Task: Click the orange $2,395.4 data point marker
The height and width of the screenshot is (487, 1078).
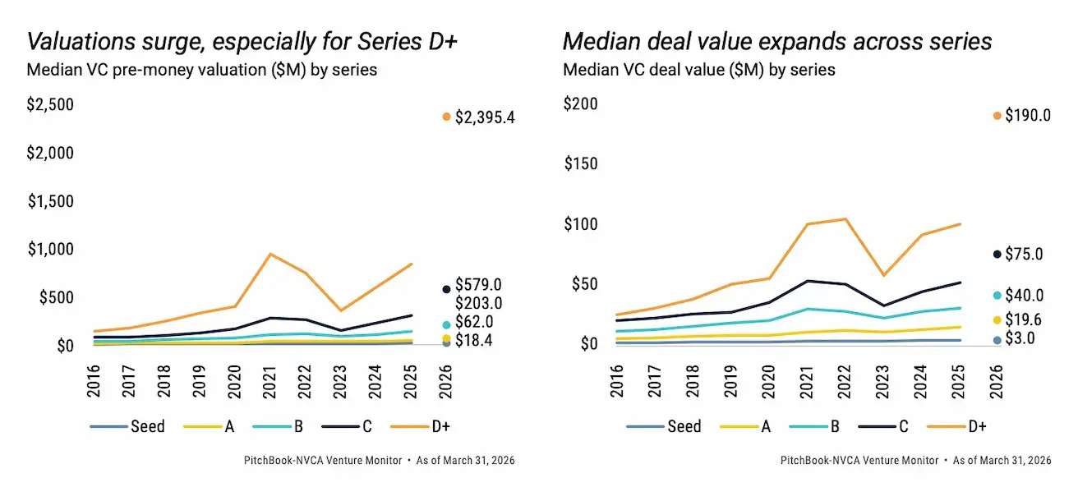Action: tap(446, 117)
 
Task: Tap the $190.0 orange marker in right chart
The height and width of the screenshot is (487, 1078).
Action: tap(997, 116)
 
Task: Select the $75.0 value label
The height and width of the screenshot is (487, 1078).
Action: tap(1024, 255)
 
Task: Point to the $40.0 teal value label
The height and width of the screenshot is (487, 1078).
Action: tap(1024, 296)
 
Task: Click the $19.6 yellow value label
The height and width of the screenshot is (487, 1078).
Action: tap(1024, 320)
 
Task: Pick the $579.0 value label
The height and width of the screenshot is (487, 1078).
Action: tap(479, 285)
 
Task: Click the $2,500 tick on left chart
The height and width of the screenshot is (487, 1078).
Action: tap(50, 104)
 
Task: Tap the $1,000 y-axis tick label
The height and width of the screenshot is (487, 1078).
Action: tap(50, 250)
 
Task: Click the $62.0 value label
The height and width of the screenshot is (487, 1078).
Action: tap(474, 322)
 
